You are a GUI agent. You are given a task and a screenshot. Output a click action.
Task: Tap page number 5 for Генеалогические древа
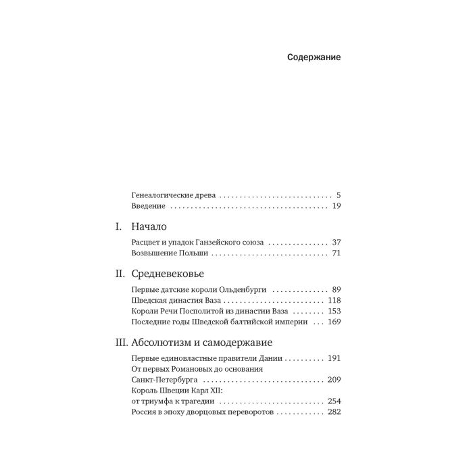[x=338, y=195]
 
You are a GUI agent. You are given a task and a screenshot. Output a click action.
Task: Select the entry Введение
[x=148, y=206]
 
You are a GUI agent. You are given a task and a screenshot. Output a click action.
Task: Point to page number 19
[x=336, y=206]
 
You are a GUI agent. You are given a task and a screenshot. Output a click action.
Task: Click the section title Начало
[x=149, y=227]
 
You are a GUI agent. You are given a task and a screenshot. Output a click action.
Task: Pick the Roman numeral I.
[x=118, y=227]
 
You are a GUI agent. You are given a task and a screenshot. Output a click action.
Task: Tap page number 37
[x=335, y=242]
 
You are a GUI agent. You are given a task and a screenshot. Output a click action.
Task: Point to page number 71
[x=336, y=253]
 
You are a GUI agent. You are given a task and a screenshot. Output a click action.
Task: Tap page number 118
[x=334, y=300]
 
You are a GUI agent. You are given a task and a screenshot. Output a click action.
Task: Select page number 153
[x=334, y=312]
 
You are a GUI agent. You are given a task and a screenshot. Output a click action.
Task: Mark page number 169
[x=334, y=323]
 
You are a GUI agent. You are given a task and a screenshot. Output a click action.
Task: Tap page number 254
[x=334, y=402]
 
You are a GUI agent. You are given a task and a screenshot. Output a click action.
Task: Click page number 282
[x=334, y=414]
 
